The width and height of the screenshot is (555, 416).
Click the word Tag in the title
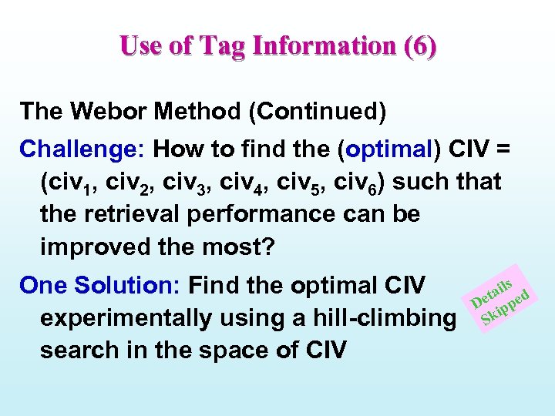[x=224, y=46]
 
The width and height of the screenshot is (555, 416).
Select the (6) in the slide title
[x=419, y=46]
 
